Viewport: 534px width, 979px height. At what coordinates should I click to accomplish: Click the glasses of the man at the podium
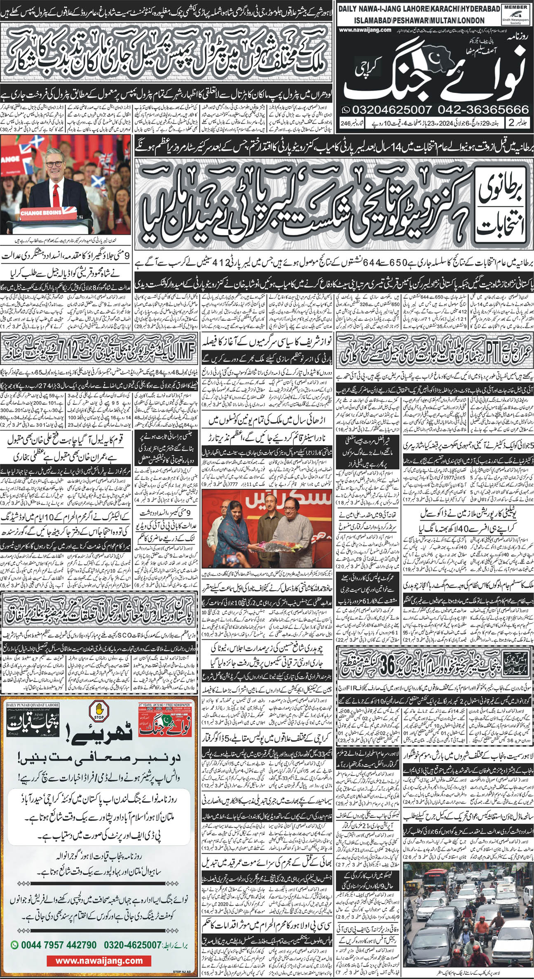point(54,163)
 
